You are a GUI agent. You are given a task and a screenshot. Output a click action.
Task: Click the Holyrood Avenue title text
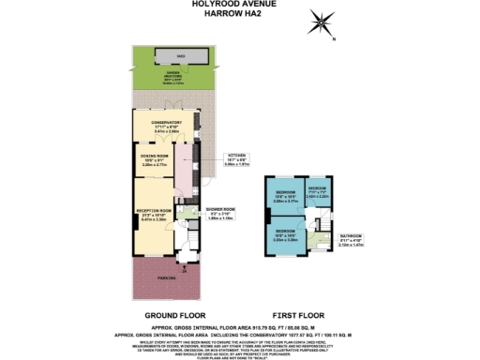(x=239, y=4)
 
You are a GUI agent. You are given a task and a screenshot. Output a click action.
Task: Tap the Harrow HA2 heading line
(x=239, y=14)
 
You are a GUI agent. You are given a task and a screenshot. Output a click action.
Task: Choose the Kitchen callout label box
(x=238, y=160)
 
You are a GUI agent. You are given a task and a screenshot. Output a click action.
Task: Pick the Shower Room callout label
(x=220, y=215)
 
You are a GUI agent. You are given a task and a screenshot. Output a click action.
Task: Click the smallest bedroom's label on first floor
(x=319, y=187)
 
